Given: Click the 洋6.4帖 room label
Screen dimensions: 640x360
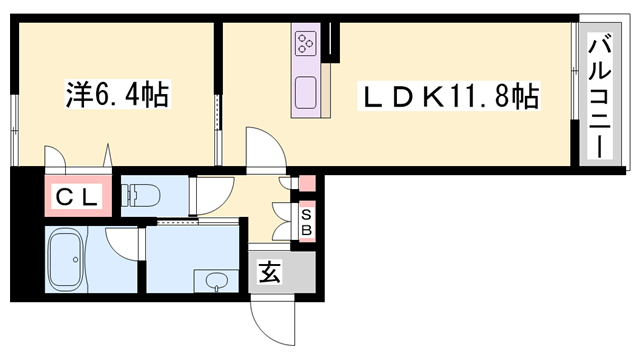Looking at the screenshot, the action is pos(117,95).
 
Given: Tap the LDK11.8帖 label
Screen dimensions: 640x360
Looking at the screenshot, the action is pos(449,96).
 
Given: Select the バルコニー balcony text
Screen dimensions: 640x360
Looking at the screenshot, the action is pos(600,97).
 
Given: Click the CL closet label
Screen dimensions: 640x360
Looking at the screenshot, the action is pos(77,198).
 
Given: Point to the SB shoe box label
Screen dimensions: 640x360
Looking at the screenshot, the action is pos(307,223).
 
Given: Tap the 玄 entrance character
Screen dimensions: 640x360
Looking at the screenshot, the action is pos(269,272).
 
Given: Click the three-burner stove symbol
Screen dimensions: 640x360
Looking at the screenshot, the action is pos(306,43).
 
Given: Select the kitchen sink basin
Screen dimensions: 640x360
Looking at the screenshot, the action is pos(306,93).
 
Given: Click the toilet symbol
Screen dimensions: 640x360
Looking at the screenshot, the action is pos(141,196).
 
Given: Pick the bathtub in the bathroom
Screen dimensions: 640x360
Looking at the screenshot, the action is pos(66,259).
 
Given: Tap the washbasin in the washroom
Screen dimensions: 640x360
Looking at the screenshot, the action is pos(217,282).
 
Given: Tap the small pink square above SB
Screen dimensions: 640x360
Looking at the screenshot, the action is pos(307,183).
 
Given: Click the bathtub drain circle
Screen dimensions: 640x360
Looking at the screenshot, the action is pos(75,260).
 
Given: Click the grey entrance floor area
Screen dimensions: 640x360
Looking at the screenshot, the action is pos(282,272).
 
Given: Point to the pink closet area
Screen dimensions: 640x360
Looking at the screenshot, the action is pos(78,196).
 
